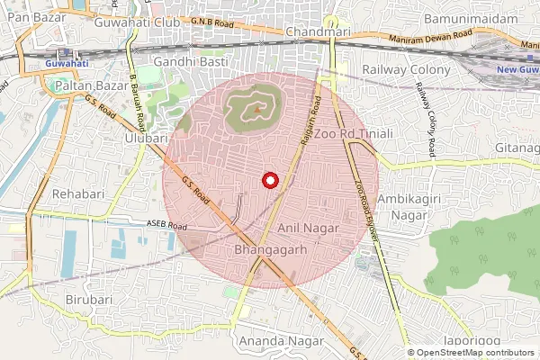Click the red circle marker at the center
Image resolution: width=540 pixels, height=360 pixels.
[268, 180]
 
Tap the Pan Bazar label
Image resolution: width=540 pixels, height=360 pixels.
[24, 18]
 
